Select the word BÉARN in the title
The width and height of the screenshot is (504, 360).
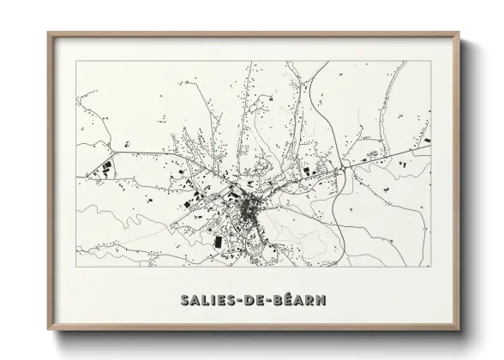(x=302, y=302)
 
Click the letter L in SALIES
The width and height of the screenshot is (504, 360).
(x=206, y=302)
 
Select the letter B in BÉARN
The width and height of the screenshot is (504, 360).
(x=282, y=302)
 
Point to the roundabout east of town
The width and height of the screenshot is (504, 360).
(x=345, y=168)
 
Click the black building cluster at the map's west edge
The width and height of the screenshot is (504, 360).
(x=104, y=168)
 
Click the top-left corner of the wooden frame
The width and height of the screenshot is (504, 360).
(x=48, y=33)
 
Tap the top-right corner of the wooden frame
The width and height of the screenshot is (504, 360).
(x=459, y=33)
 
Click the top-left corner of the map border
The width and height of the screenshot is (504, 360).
(x=76, y=61)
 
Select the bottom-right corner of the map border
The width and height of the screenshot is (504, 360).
(x=430, y=267)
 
